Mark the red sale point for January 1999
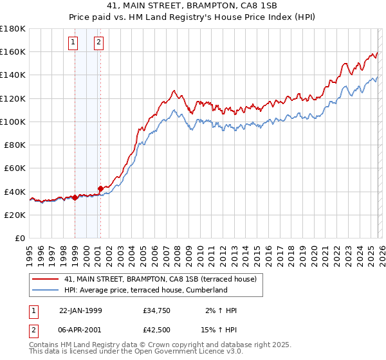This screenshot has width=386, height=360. click(x=75, y=197)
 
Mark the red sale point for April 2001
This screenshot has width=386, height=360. click(x=100, y=188)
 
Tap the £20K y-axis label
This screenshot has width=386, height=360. click(x=15, y=215)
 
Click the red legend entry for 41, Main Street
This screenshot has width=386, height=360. click(x=160, y=279)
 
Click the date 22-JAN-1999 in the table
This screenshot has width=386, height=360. click(x=80, y=310)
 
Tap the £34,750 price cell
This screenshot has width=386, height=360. click(x=157, y=310)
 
